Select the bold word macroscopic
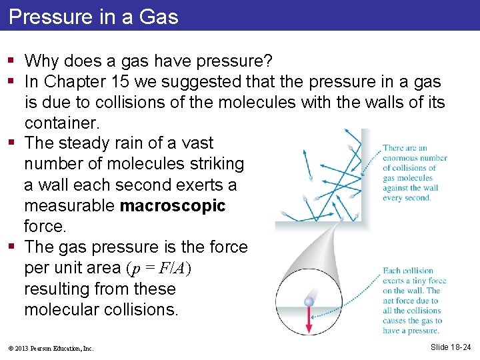click(173, 206)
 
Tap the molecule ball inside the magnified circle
click(309, 302)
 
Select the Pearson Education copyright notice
click(51, 348)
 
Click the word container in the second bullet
click(62, 123)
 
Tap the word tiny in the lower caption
click(421, 281)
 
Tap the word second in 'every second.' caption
click(417, 198)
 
